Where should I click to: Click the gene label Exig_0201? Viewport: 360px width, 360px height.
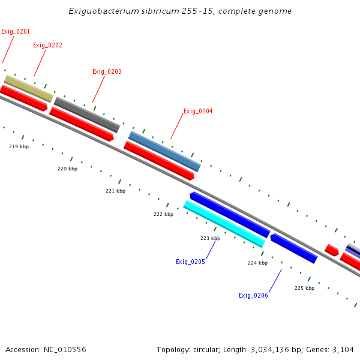pyautogui.click(x=16, y=31)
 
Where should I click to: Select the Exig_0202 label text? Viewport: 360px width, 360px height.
pyautogui.click(x=47, y=45)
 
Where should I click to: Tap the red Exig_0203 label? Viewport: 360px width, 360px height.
pyautogui.click(x=107, y=71)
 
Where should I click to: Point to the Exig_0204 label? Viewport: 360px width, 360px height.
pyautogui.click(x=198, y=111)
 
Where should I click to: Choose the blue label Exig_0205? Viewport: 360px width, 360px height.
pyautogui.click(x=190, y=262)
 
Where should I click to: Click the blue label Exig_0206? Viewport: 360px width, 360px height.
pyautogui.click(x=253, y=295)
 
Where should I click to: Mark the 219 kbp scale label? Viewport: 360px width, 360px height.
pyautogui.click(x=19, y=146)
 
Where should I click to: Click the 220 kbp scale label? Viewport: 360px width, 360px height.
pyautogui.click(x=67, y=169)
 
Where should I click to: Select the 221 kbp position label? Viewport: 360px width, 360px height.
pyautogui.click(x=115, y=191)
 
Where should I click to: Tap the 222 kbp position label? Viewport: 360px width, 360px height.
pyautogui.click(x=163, y=214)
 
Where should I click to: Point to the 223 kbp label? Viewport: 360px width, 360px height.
pyautogui.click(x=210, y=238)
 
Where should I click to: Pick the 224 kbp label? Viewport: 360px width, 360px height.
pyautogui.click(x=257, y=263)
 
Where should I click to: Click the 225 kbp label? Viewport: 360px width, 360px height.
pyautogui.click(x=304, y=288)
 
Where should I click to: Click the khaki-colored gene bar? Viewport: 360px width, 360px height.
pyautogui.click(x=29, y=88)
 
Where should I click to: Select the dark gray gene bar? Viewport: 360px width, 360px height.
pyautogui.click(x=87, y=114)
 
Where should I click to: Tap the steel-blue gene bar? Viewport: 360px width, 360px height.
pyautogui.click(x=164, y=151)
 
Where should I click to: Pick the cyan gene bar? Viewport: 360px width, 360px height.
pyautogui.click(x=224, y=223)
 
